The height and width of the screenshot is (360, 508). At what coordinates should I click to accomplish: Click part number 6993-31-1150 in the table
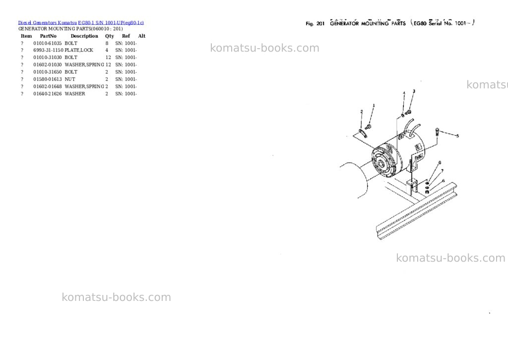pos(48,50)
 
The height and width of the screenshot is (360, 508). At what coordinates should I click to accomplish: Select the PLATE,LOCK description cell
pos(79,50)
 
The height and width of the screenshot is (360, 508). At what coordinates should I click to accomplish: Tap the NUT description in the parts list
pos(69,79)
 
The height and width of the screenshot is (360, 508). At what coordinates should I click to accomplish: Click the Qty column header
pos(110,36)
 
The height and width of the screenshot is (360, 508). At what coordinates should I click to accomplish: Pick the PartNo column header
pos(48,36)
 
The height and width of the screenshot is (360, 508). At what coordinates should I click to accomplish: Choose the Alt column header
pos(141,36)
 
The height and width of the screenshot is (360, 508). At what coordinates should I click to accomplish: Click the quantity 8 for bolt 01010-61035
pos(107,43)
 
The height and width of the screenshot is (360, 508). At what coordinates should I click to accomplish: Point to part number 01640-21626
pos(47,94)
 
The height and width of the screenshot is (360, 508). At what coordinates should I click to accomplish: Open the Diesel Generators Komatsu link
pos(47,23)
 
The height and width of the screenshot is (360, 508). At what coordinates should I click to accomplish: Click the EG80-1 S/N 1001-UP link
pos(111,23)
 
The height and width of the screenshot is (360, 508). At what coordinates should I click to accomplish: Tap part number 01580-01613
pos(47,79)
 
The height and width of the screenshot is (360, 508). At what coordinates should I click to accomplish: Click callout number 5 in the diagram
pos(457,136)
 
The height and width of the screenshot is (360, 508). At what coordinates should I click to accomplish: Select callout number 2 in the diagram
pos(362,112)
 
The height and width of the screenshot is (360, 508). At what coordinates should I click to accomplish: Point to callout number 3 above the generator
pos(414,91)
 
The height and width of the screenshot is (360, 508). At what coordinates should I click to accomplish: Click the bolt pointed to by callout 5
pos(438,132)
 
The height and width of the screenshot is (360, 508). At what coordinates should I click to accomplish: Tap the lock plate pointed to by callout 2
pos(363,133)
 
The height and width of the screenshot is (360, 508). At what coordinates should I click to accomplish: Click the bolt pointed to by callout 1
pos(368,127)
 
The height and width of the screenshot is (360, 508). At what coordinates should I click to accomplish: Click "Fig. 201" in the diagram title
pos(315,23)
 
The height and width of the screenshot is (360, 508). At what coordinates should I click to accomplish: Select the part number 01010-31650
pos(47,72)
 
